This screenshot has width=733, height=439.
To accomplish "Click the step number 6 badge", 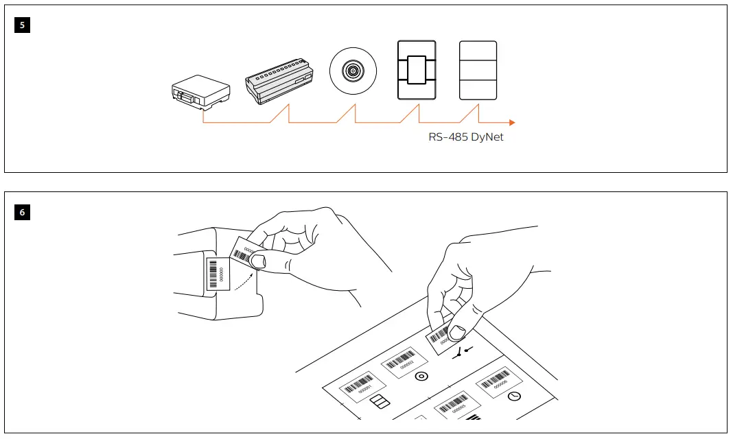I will (x=22, y=213).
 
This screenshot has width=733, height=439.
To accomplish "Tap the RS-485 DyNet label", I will (x=466, y=137).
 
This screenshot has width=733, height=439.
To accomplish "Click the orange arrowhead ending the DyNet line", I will (x=511, y=123).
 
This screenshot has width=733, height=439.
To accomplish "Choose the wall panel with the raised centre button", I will (x=417, y=71).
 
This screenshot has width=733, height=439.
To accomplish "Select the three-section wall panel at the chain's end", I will (x=478, y=71).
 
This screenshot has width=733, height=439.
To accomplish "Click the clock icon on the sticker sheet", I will (x=514, y=396).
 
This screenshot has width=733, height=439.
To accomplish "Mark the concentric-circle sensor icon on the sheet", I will (x=421, y=377).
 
